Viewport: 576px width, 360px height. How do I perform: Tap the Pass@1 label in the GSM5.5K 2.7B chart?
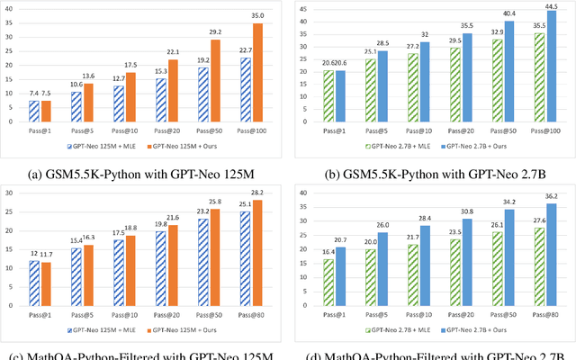pyautogui.click(x=328, y=130)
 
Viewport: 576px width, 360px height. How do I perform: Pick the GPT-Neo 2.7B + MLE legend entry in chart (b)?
pyautogui.click(x=395, y=144)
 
